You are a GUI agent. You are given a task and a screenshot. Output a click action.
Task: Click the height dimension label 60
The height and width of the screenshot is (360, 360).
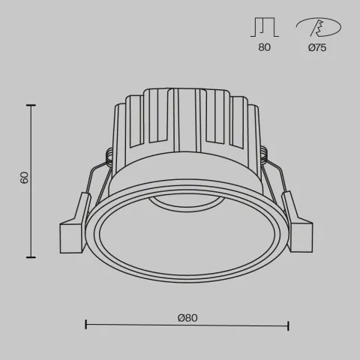click(x=25, y=178)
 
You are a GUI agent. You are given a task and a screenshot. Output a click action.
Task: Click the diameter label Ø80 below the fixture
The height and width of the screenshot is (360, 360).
click(x=187, y=318)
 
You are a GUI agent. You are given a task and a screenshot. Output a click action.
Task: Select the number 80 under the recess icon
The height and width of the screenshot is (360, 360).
click(x=263, y=47)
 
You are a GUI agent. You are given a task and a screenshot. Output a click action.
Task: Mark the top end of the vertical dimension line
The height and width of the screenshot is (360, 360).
click(x=31, y=106)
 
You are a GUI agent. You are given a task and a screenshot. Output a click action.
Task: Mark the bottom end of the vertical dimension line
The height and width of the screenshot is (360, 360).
click(x=31, y=256)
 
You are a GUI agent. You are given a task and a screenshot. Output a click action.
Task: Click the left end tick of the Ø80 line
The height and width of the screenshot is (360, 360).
click(x=86, y=325)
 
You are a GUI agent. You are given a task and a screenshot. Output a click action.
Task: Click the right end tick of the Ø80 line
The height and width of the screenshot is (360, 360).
click(x=289, y=325)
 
